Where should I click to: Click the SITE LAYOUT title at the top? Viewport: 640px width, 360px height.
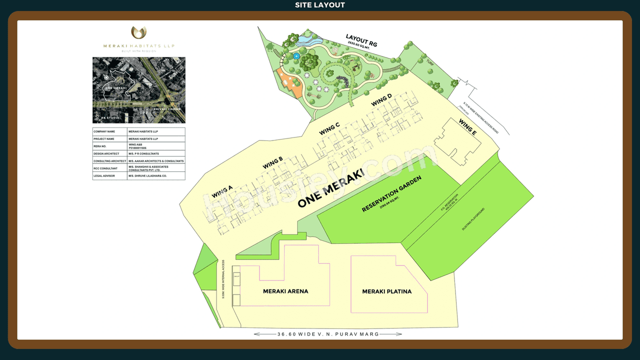320,5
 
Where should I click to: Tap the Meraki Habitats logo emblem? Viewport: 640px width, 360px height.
138,32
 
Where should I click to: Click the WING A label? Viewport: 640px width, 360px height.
222,191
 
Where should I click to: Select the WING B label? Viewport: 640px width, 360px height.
272,162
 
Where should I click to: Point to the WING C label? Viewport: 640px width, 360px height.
330,128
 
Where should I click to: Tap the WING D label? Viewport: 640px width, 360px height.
381,100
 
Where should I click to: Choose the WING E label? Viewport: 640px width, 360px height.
467,127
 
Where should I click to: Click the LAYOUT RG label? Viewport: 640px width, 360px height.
361,40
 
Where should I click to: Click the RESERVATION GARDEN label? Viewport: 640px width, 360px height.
392,193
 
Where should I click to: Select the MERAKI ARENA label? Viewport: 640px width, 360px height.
285,291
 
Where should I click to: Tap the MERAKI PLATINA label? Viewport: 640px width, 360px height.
386,291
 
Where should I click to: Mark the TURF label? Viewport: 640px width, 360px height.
430,63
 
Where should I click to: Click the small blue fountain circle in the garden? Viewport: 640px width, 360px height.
296,55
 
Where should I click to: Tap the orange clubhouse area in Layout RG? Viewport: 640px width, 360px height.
288,82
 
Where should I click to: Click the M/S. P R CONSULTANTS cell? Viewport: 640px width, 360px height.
143,153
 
